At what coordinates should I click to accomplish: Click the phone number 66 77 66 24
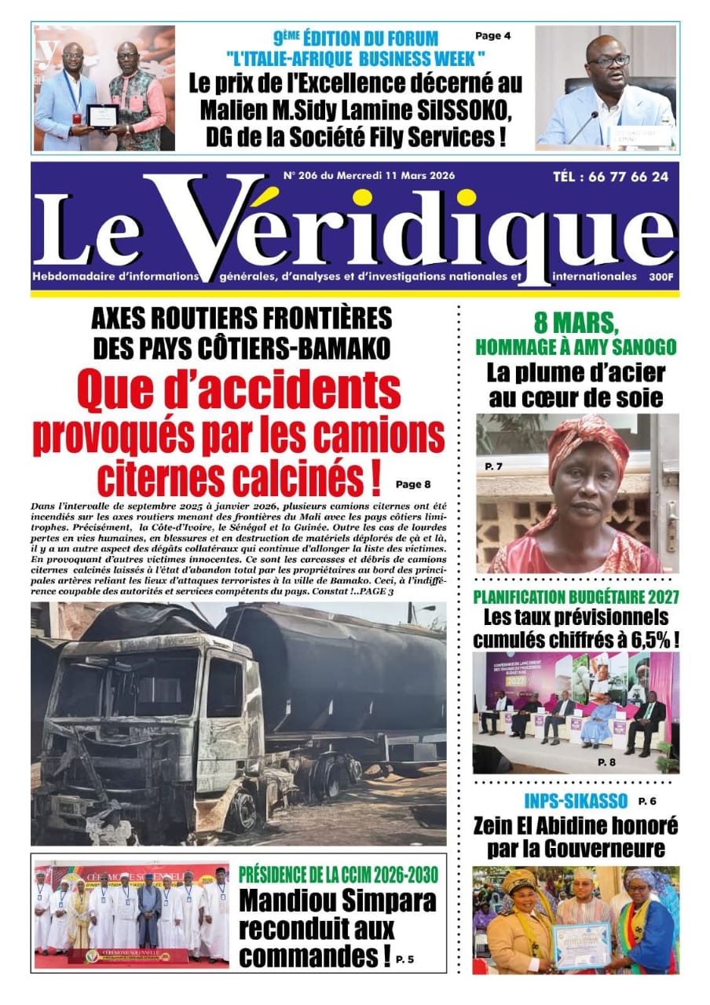point(628,177)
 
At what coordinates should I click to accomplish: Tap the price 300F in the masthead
point(661,276)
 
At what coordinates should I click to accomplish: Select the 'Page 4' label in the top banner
point(492,36)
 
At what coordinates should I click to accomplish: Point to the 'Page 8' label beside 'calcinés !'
point(413,484)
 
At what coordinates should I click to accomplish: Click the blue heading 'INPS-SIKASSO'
point(576,802)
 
